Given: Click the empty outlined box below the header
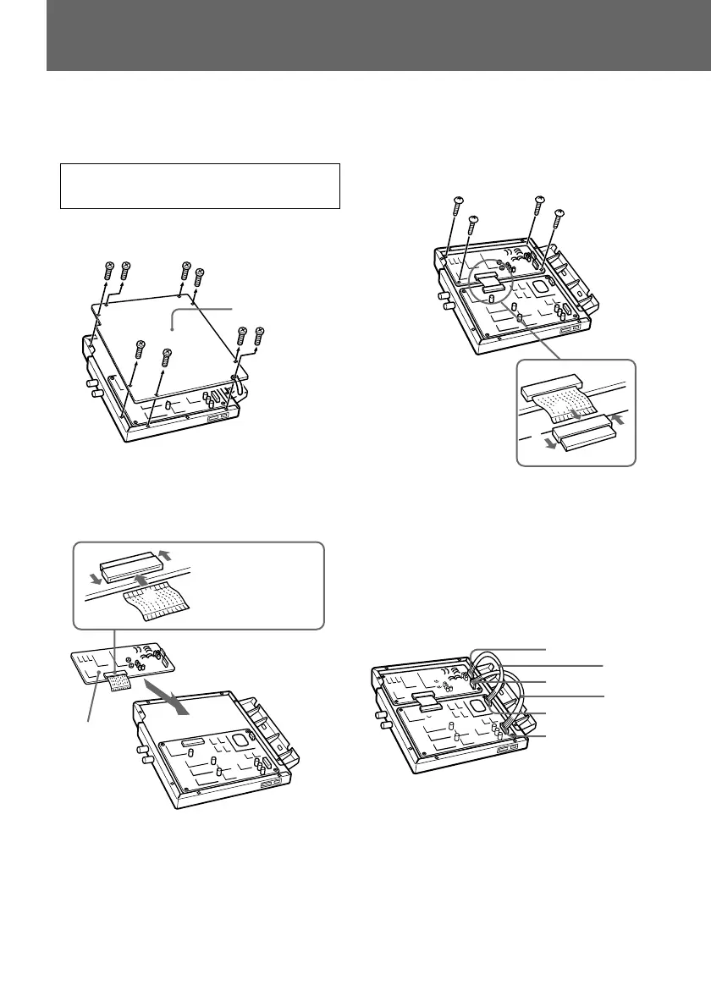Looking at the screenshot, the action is tap(200, 186).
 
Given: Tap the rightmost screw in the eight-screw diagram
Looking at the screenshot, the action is tap(259, 333).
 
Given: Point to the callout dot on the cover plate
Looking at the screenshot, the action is tap(173, 323).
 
